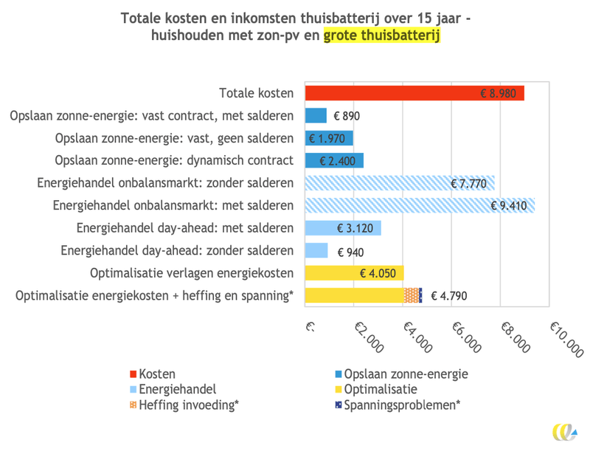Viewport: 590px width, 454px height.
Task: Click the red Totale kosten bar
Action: [413, 94]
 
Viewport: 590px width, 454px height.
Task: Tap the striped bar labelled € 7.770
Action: [398, 183]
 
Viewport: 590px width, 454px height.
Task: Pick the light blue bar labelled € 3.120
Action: [342, 228]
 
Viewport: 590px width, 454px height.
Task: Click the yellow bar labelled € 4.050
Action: [353, 273]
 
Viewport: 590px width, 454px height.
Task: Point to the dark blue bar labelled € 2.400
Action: [333, 160]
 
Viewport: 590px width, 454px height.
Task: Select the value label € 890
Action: [347, 116]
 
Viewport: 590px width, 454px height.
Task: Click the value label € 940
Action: [350, 251]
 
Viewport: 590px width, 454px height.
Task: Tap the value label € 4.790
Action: [448, 296]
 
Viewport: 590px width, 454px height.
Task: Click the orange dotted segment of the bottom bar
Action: [412, 296]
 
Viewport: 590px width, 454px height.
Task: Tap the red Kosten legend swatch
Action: [133, 374]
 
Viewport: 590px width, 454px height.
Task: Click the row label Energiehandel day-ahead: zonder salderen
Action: [177, 251]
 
